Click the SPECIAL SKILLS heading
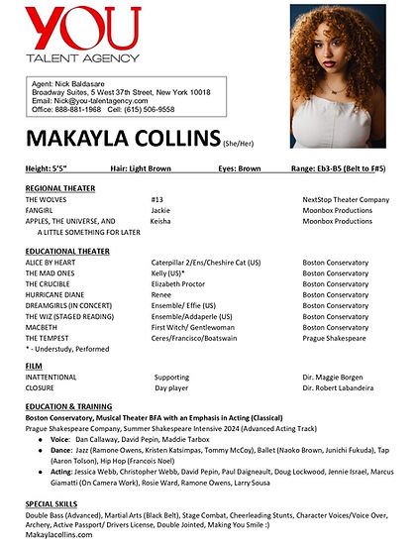click(53, 506)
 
